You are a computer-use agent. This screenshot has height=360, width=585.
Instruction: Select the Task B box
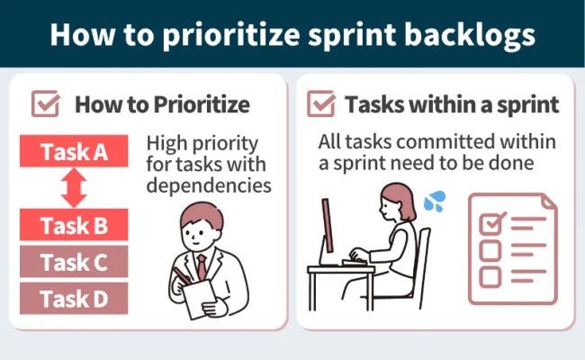[74, 225]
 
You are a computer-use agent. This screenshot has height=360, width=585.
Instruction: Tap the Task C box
[74, 263]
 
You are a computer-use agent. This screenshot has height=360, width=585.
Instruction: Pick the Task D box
[74, 298]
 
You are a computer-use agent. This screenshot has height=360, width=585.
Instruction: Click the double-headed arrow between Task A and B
[74, 188]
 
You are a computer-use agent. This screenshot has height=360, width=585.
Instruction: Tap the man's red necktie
[202, 265]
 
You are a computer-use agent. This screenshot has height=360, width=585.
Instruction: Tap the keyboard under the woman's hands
[358, 258]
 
